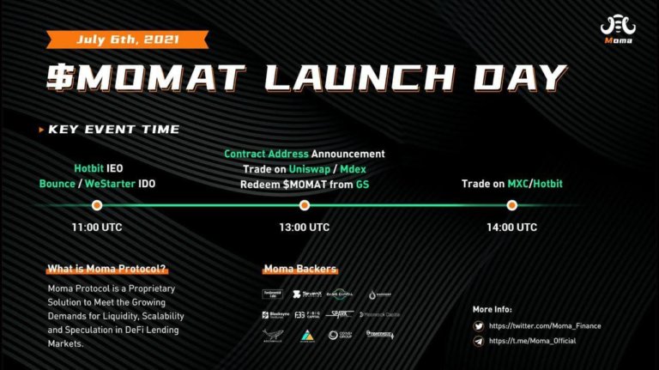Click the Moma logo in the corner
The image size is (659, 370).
pos(618,30)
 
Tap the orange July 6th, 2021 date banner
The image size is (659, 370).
pos(129,39)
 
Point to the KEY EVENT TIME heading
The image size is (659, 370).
pos(113,130)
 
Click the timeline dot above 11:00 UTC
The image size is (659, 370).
pos(97,205)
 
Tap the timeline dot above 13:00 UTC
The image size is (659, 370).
pos(304,205)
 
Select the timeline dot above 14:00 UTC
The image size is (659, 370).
pos(511,205)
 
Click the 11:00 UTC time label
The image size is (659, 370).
pos(97,227)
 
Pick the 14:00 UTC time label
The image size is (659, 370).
pos(511,227)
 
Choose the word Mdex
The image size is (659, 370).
pos(353,169)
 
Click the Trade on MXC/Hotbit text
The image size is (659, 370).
pos(511,184)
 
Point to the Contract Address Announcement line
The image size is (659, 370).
pos(305,154)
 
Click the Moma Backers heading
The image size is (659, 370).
pos(299,269)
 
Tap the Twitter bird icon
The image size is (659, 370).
pos(478,326)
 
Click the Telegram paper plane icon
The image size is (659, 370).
pos(478,341)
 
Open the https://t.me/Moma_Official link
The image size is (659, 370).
pos(532,341)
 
